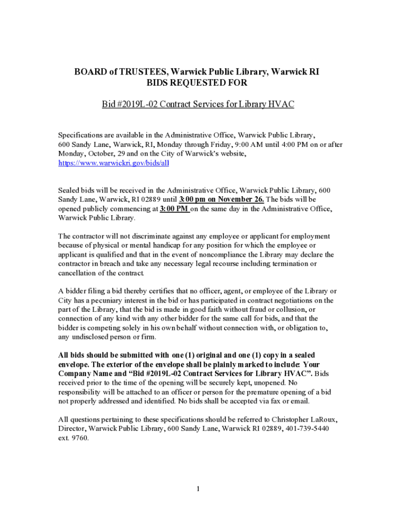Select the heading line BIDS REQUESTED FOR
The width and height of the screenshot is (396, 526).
(198, 83)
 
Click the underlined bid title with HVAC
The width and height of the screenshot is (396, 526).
(198, 104)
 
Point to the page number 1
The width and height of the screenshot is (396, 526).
(198, 489)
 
